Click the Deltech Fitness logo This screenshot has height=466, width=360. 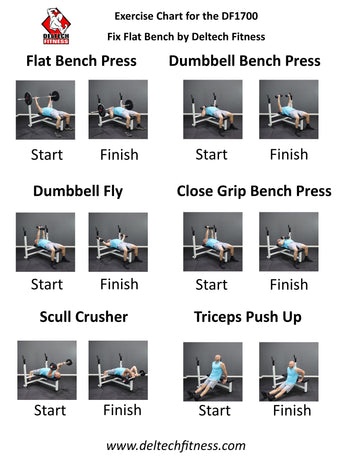pos(56,26)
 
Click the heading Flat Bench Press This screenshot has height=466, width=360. pos(81,61)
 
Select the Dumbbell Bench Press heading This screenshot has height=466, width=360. pos(245,61)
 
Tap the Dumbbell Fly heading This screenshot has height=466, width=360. pos(78,191)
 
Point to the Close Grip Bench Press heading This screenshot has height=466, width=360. pos(254,191)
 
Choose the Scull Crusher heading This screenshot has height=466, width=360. pos(84,317)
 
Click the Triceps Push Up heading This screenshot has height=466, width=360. pos(248,317)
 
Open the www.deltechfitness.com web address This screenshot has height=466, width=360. pos(176,446)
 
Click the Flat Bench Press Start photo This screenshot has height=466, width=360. pos(45,110)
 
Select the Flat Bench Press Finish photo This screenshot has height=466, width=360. pos(118,109)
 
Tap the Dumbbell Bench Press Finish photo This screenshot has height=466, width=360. pos(289,109)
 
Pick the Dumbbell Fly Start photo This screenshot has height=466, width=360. pos(45,242)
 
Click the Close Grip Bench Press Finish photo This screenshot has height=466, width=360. pos(289,242)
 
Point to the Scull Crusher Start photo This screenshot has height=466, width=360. pos(47,370)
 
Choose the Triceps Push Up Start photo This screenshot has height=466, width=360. pos(213,372)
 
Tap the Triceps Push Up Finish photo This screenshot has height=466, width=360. pos(289,372)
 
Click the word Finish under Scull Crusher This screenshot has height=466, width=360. pos(122,410)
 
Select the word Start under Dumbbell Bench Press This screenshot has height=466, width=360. pos(211,155)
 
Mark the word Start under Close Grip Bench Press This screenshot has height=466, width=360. pos(211,285)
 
